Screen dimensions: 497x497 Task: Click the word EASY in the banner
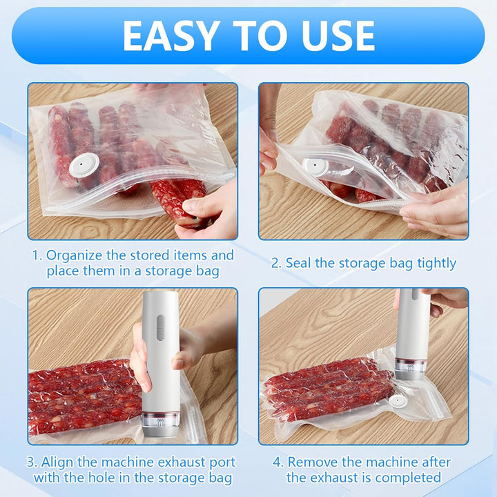click(171, 35)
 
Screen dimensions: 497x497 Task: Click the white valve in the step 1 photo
click(84, 166)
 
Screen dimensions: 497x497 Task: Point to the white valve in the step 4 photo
click(398, 401)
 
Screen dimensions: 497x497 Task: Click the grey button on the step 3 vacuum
click(161, 327)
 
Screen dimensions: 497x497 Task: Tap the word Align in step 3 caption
click(57, 462)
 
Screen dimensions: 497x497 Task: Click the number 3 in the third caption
click(30, 462)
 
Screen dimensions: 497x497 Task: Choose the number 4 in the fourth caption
click(277, 462)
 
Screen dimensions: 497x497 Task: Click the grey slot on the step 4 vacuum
click(415, 295)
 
